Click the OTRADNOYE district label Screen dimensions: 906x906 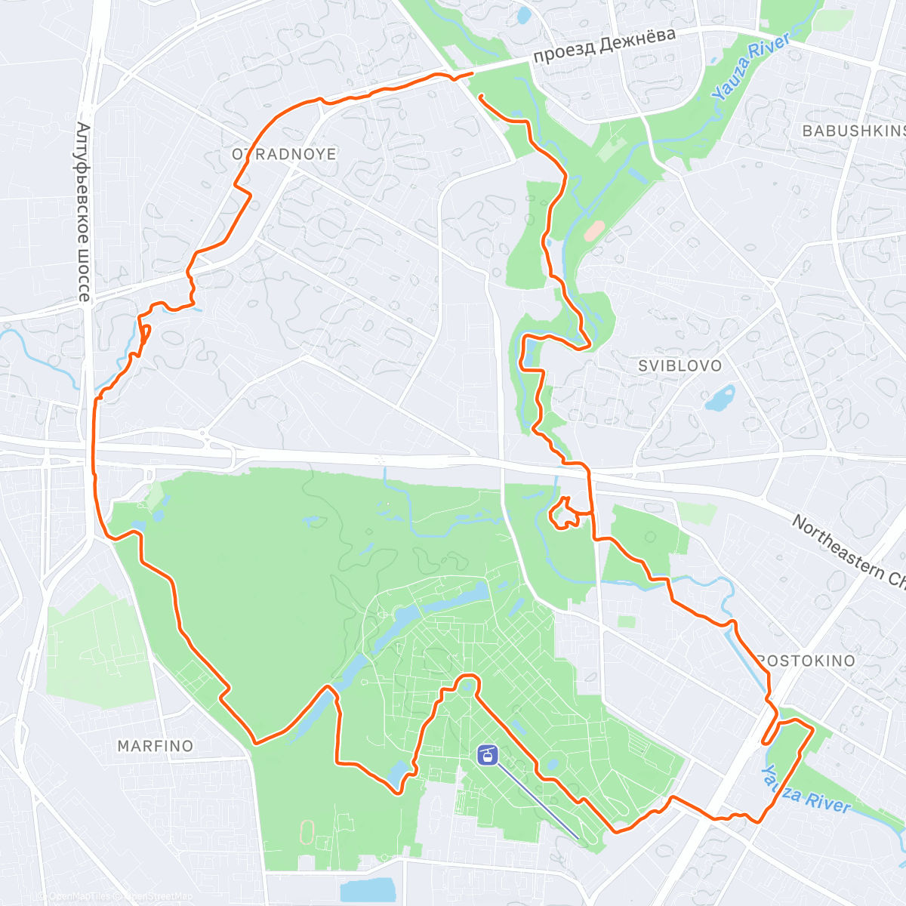click(x=284, y=154)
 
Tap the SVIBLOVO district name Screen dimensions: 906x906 click(x=679, y=366)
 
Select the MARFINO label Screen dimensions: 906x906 click(x=156, y=746)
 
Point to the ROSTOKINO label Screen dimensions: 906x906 click(x=806, y=661)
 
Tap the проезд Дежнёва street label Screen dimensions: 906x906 click(x=604, y=47)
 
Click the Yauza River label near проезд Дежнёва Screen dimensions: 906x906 click(x=751, y=66)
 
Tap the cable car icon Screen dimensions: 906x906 click(x=488, y=754)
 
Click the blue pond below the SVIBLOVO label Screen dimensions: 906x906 click(x=720, y=399)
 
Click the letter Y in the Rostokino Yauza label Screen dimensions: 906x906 click(x=767, y=772)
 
